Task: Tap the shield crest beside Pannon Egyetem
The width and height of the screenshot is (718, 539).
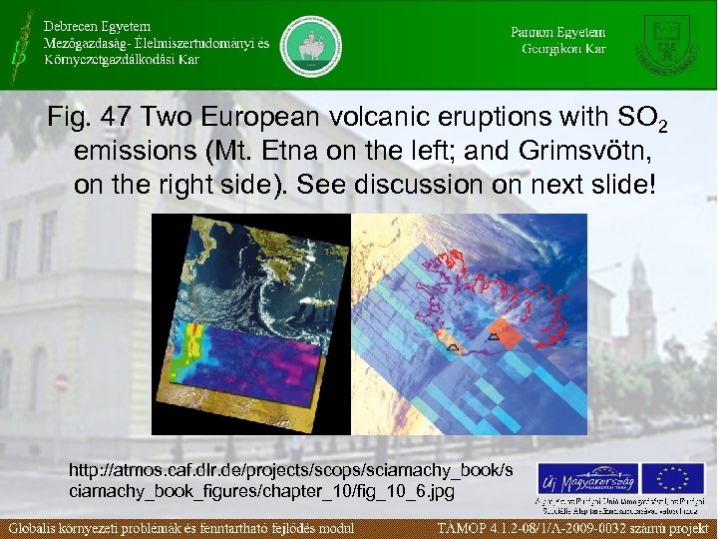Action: [x=668, y=42]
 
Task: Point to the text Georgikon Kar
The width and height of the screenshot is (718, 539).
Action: [x=563, y=49]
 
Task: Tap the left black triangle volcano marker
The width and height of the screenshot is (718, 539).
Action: [x=452, y=346]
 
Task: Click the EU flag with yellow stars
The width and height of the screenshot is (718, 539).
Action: [x=672, y=480]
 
